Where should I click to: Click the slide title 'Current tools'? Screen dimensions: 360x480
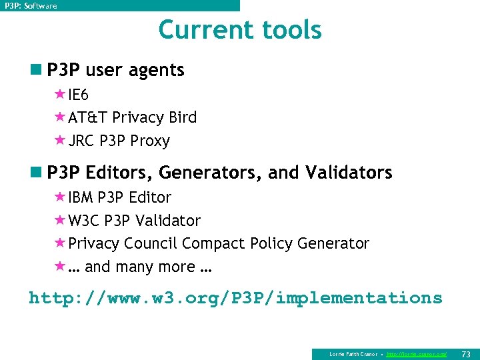[240, 30]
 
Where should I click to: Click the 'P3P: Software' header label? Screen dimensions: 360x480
[31, 6]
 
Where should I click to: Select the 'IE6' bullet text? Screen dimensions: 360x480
[78, 95]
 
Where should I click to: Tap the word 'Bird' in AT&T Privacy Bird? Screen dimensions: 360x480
[183, 117]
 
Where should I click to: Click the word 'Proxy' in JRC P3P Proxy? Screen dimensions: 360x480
[150, 141]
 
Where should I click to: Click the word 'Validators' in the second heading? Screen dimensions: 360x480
[349, 173]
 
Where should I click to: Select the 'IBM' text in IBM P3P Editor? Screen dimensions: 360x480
[81, 197]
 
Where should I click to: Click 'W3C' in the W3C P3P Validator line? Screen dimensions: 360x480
[83, 221]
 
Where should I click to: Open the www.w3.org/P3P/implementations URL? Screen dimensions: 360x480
[235, 298]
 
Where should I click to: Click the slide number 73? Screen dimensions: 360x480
[466, 353]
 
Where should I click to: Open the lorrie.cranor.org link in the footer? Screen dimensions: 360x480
[417, 354]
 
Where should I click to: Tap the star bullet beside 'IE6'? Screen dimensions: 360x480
[60, 95]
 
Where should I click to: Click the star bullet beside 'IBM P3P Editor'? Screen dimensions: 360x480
[60, 197]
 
